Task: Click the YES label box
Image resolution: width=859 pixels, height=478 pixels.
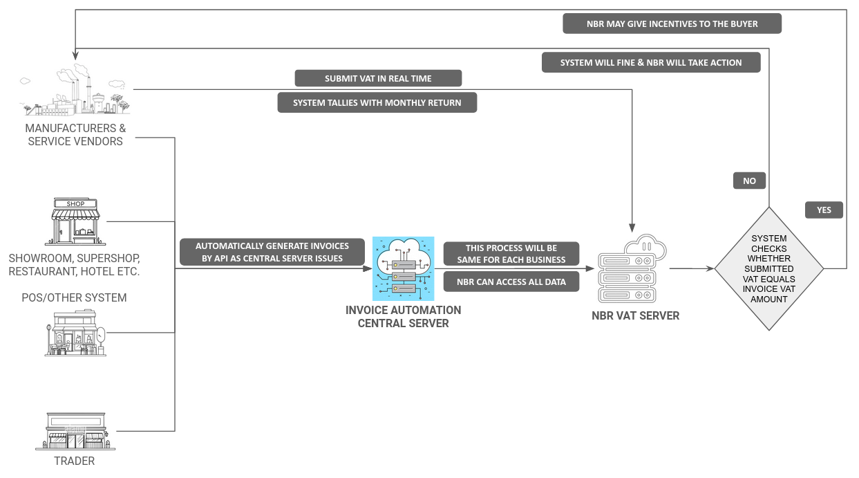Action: pos(824,210)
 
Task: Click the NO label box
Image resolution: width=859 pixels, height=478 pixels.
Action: pos(749,181)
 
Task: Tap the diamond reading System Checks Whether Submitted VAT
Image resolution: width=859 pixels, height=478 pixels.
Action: pos(769,268)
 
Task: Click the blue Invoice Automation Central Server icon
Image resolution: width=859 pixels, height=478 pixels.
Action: pos(403,268)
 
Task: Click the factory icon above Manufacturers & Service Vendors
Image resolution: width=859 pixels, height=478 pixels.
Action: pos(75,91)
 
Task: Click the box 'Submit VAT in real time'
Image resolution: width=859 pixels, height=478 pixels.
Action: pos(378,78)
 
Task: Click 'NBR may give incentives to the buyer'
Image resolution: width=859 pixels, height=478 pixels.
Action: pos(672,24)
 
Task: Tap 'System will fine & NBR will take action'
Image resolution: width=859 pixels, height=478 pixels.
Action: pos(651,62)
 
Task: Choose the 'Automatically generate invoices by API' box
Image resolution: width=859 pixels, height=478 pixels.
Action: pos(272,252)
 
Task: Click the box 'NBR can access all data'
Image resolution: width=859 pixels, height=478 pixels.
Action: pos(511,282)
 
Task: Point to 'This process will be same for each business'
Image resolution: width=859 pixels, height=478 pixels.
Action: pos(511,254)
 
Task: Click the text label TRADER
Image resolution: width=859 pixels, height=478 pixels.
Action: pos(75,461)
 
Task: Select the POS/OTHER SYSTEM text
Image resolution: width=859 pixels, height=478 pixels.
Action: pos(75,298)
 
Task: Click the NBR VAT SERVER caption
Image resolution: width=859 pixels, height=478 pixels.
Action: pos(635,315)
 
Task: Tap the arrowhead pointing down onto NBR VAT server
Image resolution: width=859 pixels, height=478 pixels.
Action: pos(632,227)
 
